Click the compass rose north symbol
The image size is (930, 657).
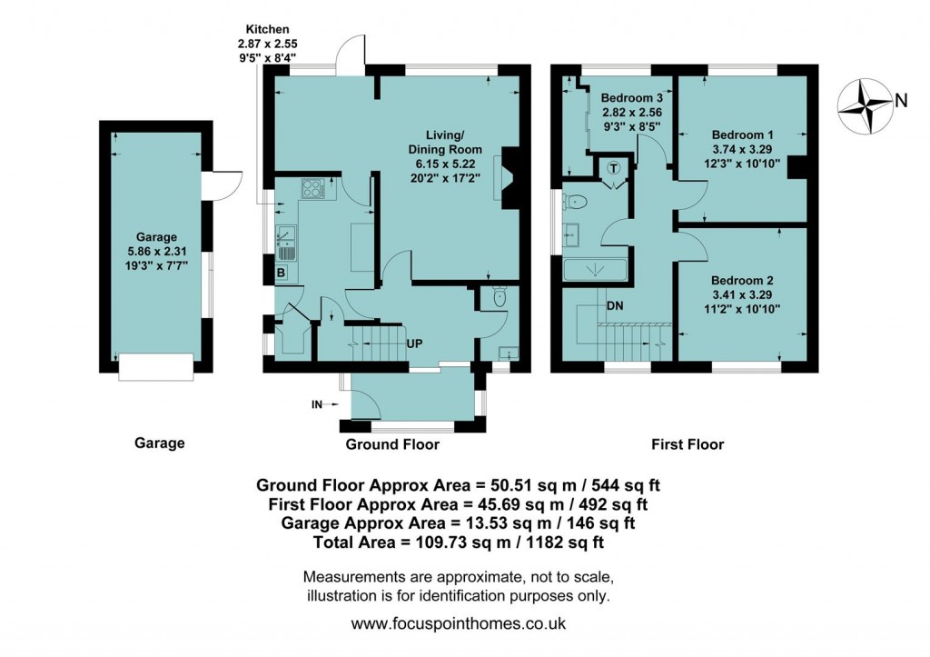click(x=865, y=101)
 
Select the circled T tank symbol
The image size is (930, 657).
click(x=614, y=168)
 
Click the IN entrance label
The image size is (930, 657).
click(x=317, y=404)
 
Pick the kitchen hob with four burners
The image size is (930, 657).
click(x=312, y=189)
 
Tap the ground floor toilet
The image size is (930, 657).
click(x=499, y=297)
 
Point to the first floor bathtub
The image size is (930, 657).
click(x=595, y=271)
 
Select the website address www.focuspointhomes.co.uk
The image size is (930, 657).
click(x=459, y=624)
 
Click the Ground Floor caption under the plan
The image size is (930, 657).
click(x=392, y=444)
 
